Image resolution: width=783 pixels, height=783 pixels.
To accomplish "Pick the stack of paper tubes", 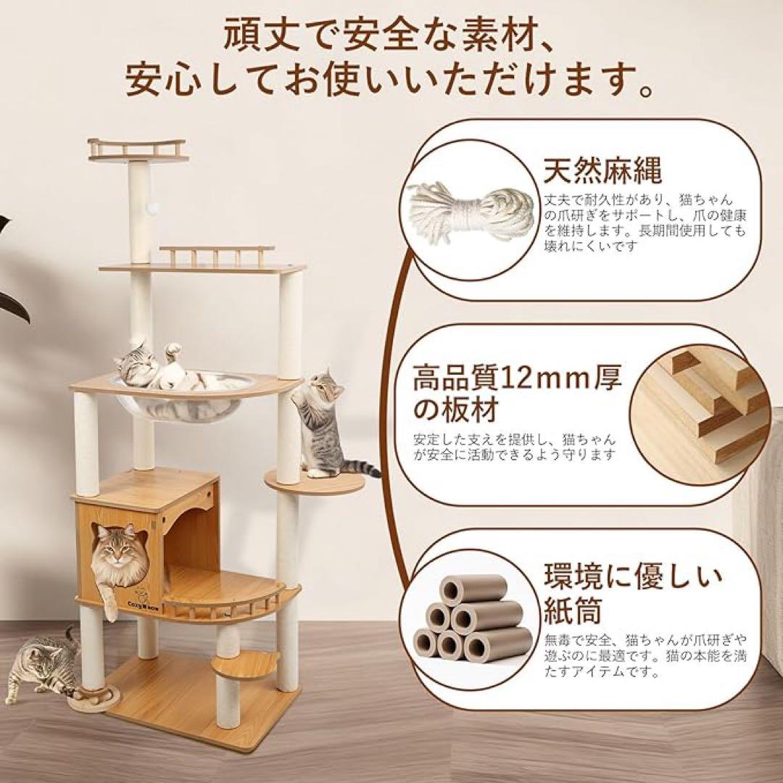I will click(x=471, y=617).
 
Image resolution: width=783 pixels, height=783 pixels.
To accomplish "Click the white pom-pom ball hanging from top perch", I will click(x=154, y=209).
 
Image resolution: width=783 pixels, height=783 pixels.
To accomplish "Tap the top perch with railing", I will click(x=137, y=149).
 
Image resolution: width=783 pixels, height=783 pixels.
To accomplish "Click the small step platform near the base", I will click(x=251, y=662).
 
